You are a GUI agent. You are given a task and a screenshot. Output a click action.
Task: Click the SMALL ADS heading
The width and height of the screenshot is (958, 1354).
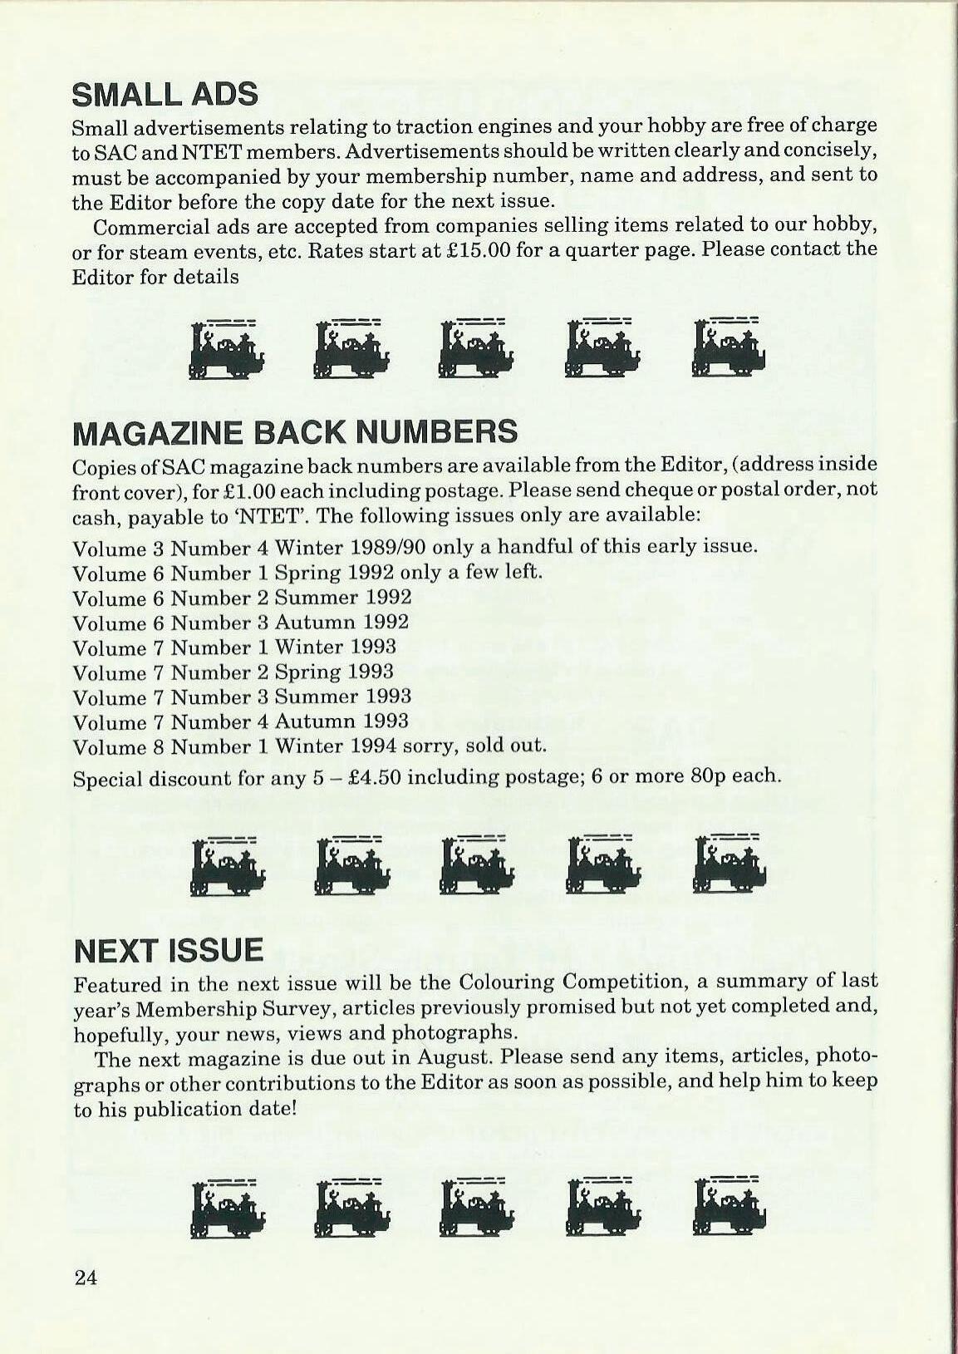point(165,94)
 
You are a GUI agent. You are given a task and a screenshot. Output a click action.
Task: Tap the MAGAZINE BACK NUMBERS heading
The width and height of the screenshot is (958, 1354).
point(295,432)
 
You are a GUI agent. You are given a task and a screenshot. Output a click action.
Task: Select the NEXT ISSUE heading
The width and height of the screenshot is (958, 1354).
point(168,950)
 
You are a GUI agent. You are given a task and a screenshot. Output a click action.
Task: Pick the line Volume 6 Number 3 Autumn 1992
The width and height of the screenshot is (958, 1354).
point(241,623)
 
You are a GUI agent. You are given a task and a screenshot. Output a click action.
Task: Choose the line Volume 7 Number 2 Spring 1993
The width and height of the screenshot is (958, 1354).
point(233,672)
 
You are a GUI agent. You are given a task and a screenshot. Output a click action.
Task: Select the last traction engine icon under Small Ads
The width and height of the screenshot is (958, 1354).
point(729,347)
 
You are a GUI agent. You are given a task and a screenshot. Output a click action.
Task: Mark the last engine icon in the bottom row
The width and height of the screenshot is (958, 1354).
point(729,1207)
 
